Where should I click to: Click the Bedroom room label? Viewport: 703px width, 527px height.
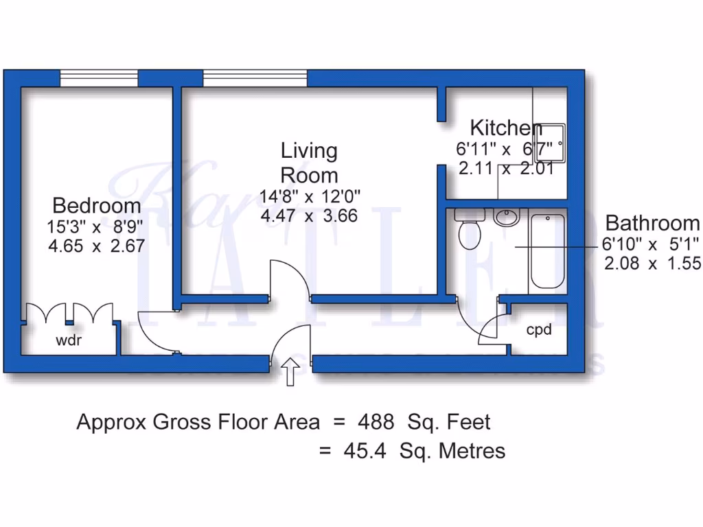(x=97, y=205)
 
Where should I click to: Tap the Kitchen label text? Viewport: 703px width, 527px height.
(x=506, y=128)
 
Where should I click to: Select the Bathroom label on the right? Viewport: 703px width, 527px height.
(x=652, y=223)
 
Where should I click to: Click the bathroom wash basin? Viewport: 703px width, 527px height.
(x=507, y=218)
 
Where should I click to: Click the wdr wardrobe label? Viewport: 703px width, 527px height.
(x=69, y=340)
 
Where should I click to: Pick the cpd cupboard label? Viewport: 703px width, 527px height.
(x=539, y=330)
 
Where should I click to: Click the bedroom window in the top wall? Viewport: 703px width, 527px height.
(x=98, y=78)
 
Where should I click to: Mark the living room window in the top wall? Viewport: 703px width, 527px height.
(x=255, y=78)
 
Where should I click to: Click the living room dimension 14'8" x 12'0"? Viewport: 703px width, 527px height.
(x=310, y=196)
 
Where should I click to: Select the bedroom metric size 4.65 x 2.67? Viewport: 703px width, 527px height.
(x=96, y=245)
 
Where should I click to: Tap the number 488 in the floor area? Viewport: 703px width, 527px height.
(x=375, y=421)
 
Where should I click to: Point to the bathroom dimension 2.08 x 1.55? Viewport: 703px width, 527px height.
(x=652, y=262)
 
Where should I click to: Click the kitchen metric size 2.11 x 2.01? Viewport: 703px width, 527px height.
(x=506, y=168)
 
